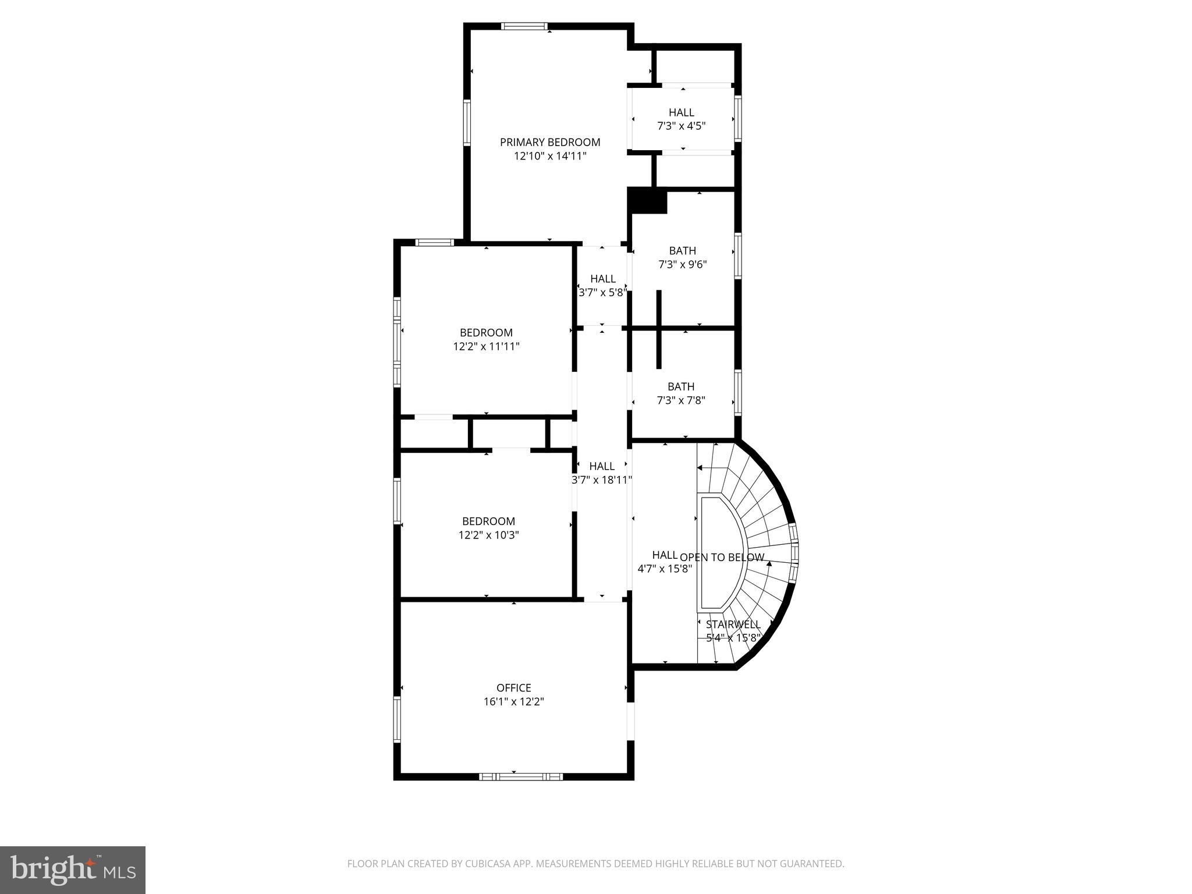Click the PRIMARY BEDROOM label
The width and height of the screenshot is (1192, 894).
point(550,142)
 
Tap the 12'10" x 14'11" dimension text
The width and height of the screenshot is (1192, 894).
point(550,156)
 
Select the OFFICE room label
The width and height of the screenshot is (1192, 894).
point(513,688)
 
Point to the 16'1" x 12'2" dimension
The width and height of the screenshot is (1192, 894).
point(513,702)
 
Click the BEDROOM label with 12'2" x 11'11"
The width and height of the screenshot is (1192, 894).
point(486,333)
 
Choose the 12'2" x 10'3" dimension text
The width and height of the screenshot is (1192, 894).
point(488,535)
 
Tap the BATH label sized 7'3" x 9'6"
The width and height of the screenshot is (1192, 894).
point(682,251)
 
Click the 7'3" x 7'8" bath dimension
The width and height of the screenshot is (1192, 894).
point(681,400)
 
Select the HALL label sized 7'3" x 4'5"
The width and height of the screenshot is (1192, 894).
point(681,112)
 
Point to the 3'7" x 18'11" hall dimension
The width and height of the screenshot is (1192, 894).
point(602,480)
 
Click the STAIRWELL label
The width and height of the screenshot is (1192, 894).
point(733,625)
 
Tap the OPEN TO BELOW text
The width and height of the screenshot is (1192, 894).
point(722,558)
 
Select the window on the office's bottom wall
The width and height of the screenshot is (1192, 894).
point(521,776)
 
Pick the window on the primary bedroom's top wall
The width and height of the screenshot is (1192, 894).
point(524,26)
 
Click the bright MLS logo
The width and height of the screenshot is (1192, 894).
point(73,870)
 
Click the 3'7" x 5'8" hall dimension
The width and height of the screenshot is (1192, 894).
point(602,293)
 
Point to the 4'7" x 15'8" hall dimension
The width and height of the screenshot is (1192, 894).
point(664,569)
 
